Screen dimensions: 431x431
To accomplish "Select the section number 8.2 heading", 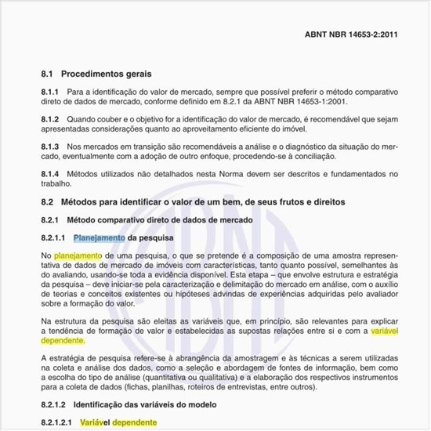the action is tap(46, 202).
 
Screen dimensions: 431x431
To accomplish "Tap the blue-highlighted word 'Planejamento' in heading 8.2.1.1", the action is tap(100, 237).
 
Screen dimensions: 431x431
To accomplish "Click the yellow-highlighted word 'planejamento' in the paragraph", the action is tap(78, 255).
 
